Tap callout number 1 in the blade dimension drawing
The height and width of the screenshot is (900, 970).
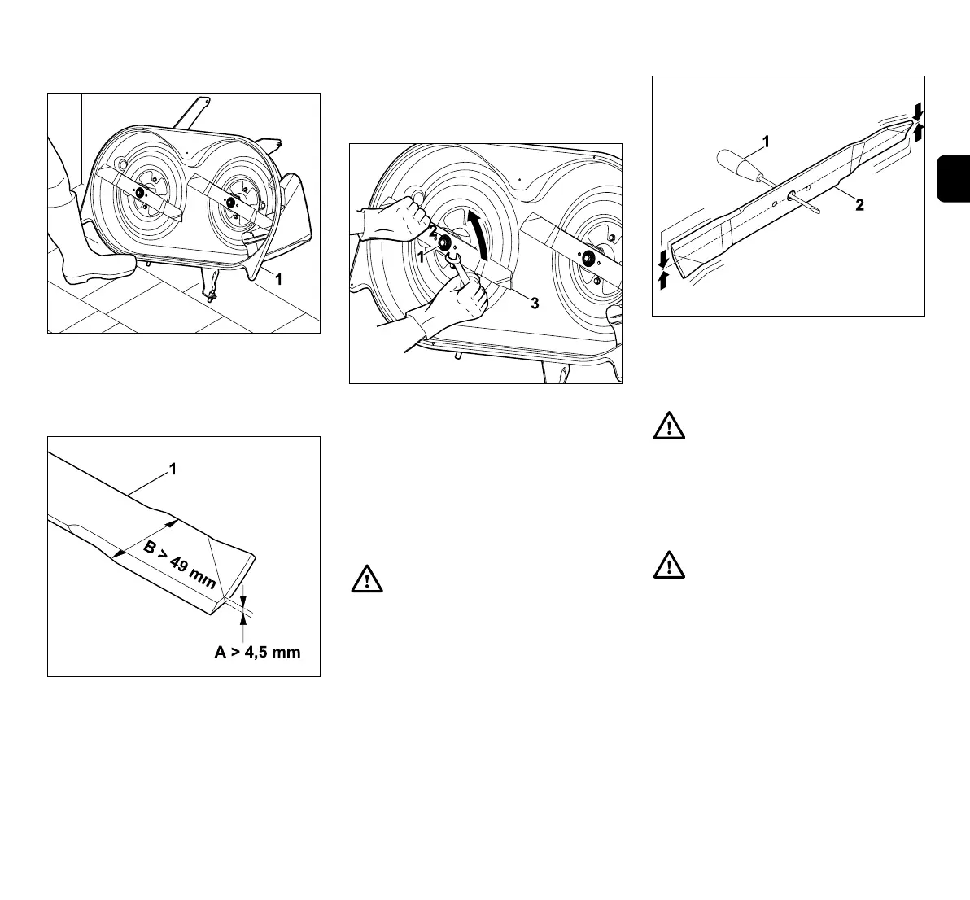(173, 469)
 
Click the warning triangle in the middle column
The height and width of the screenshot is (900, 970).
(366, 579)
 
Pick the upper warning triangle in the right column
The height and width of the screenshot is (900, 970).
(668, 428)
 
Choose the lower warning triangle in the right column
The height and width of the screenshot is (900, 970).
(668, 566)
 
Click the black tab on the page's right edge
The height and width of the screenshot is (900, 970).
(955, 178)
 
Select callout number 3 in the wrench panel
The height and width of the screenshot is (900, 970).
(534, 304)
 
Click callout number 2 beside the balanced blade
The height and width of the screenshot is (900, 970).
(859, 205)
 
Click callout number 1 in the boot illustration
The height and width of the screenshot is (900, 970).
(277, 279)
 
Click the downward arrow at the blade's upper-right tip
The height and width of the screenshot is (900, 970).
(918, 109)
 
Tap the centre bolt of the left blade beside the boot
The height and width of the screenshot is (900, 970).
(140, 193)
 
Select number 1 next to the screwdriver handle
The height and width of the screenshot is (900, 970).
(765, 142)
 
